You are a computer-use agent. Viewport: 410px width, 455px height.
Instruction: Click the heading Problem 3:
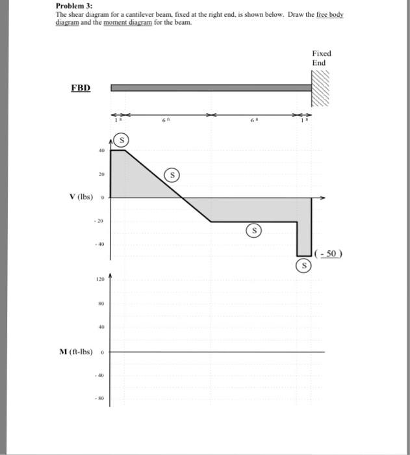(75, 5)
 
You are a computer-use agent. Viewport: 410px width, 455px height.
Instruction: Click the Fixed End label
(321, 58)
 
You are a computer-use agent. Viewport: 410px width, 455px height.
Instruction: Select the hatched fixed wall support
(321, 88)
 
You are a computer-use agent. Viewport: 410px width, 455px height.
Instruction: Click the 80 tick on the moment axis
(101, 304)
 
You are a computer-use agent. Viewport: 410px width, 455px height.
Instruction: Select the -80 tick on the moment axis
(101, 398)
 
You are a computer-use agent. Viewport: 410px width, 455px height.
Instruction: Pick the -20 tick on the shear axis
(100, 221)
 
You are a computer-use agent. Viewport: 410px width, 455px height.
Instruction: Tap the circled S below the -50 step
(302, 265)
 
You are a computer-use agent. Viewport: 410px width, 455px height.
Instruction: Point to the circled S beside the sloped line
(173, 175)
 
